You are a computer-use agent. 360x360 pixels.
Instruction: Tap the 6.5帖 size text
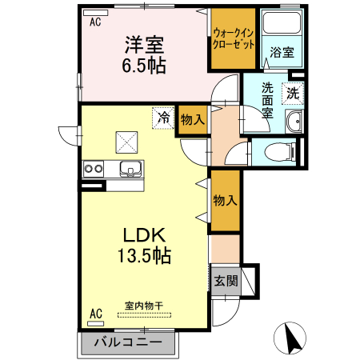tap(144, 66)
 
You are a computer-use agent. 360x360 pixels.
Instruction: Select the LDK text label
tap(144, 236)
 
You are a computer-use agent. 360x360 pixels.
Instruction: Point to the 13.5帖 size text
tap(144, 257)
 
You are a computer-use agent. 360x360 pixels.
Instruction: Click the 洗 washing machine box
tap(294, 93)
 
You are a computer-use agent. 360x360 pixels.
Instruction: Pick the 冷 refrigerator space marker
tap(163, 118)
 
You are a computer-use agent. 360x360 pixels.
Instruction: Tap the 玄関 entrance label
tap(226, 281)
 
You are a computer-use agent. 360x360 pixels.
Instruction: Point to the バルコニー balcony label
tap(128, 342)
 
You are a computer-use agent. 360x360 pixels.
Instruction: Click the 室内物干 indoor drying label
tap(144, 305)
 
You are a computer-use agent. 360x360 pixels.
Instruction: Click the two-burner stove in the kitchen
tap(93, 168)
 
